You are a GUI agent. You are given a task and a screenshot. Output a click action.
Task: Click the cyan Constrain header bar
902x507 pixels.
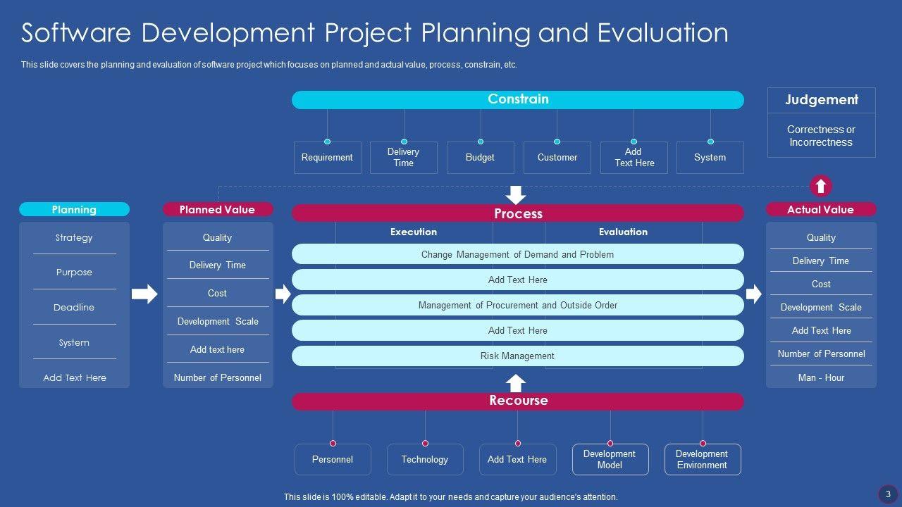[517, 100]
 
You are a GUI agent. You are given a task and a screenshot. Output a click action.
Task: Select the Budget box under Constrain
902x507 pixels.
[481, 157]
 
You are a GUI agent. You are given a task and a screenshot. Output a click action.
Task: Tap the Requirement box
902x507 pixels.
[328, 157]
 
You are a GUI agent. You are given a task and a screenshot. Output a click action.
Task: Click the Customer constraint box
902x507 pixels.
[557, 157]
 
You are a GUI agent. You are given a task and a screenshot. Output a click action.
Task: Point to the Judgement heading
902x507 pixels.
[822, 99]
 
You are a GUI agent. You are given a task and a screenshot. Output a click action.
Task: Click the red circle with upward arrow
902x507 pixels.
[821, 186]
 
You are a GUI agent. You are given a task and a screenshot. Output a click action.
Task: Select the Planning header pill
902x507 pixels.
[75, 209]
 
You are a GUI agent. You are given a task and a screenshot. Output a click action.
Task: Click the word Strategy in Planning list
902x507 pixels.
[74, 237]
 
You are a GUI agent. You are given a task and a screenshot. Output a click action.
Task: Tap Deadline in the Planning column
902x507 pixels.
[74, 308]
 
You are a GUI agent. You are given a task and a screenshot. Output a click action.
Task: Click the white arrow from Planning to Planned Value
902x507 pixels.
[144, 294]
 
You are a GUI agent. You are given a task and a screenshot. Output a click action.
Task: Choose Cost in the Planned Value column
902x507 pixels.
[218, 293]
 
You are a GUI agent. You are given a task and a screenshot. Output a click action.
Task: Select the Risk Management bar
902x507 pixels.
[517, 356]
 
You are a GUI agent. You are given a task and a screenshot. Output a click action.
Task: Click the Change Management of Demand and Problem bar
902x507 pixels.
[517, 254]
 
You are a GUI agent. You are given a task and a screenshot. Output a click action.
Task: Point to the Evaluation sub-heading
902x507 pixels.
[624, 232]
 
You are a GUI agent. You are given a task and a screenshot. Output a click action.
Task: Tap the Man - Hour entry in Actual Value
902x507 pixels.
[821, 377]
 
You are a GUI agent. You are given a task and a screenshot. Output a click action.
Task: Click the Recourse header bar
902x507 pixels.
[517, 401]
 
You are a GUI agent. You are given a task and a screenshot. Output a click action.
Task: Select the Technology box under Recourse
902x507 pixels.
[425, 460]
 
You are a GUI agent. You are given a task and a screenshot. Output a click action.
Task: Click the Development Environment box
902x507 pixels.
[703, 460]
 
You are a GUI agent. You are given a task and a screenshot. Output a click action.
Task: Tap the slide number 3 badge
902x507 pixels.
[888, 494]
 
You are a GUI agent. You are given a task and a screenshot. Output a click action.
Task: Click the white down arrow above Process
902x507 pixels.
[515, 195]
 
